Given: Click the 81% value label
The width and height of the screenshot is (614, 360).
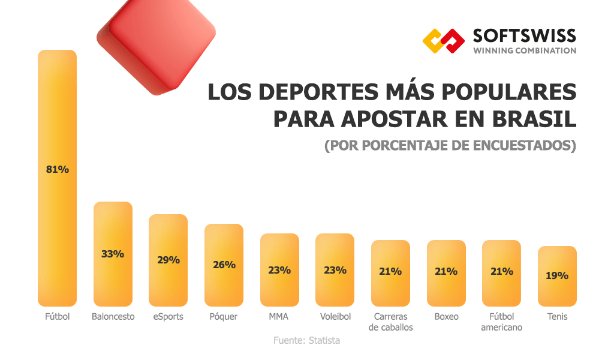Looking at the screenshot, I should pos(58,169).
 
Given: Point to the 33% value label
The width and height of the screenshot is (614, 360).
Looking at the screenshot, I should pos(113,254).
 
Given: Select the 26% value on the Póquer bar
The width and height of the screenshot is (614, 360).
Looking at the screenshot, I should pos(224,265).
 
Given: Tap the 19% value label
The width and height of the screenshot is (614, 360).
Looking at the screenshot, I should pos(557,276).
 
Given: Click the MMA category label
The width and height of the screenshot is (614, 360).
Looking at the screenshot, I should pos(279,317).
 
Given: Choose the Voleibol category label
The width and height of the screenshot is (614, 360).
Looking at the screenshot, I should pos(335,317).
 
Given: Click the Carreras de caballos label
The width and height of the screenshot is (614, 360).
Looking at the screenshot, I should pos(390,322).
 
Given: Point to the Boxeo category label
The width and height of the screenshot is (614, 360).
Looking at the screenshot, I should pos(446,317).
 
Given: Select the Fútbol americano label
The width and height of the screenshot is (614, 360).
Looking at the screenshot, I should pos(501,322).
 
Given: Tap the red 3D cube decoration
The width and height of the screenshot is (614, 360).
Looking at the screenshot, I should pos(157,42).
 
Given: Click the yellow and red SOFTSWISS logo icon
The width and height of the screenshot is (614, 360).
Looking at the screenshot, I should pos(444,41).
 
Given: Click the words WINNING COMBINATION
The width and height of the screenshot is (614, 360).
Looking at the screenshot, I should pos(525,51).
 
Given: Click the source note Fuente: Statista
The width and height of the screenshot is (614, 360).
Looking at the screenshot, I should pos(306,341).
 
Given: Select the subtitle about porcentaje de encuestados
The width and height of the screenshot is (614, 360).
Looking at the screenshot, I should pos(450,146).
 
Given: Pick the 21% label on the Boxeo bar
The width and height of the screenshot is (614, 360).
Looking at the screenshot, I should pos(446,271).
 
